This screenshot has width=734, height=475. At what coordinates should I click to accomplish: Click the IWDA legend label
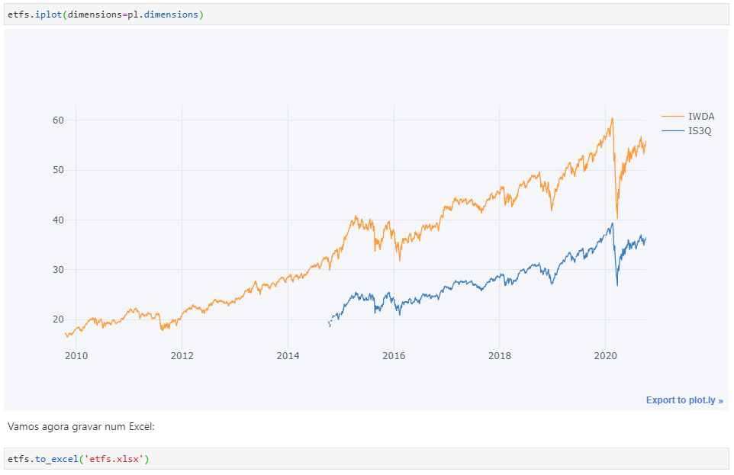tap(701, 117)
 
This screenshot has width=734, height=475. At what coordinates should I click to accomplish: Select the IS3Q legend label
tap(700, 131)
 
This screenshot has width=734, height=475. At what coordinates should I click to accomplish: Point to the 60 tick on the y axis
tap(59, 120)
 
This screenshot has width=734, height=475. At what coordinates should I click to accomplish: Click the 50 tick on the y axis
tap(59, 170)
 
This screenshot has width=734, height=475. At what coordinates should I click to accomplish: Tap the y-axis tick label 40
tap(59, 220)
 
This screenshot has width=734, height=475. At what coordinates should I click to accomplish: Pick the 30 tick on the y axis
tap(59, 270)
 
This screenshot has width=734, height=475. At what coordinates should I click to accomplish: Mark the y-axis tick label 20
tap(59, 319)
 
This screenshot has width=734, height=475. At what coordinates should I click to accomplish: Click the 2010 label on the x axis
tap(76, 355)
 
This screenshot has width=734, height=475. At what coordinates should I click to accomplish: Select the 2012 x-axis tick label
tap(182, 355)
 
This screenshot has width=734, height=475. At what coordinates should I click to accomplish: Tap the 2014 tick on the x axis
tap(288, 355)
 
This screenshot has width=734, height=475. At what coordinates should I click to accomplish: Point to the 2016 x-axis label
tap(394, 355)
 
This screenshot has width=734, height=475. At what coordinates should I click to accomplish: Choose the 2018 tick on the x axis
tap(500, 355)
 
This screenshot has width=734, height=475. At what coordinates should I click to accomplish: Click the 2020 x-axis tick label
tap(605, 355)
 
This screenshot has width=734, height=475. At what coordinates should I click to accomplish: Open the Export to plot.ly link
tap(684, 400)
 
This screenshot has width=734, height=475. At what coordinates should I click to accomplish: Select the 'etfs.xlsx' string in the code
tap(118, 459)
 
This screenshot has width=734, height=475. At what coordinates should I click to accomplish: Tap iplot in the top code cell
tap(47, 14)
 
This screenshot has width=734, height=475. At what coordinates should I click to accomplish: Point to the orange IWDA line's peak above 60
tap(612, 118)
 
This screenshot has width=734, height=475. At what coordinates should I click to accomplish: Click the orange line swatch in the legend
tap(672, 117)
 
